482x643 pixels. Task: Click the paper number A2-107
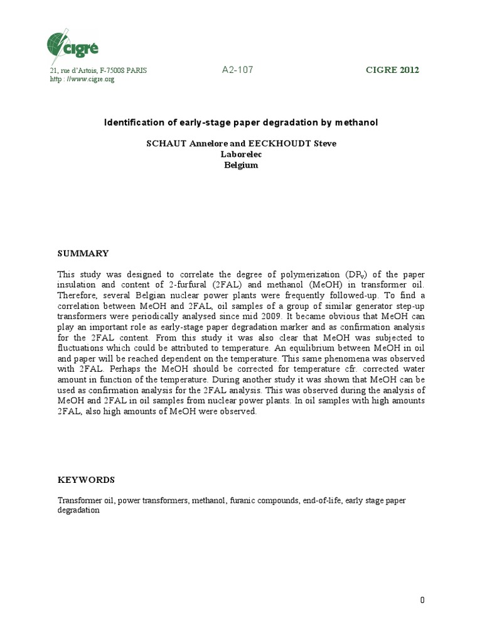pos(237,70)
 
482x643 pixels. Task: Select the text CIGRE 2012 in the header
pos(392,70)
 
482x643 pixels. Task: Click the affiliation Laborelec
pos(241,154)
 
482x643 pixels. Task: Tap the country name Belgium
pos(241,165)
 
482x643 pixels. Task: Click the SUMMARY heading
pos(83,254)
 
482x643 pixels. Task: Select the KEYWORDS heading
pos(86,480)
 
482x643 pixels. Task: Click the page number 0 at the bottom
pos(422,600)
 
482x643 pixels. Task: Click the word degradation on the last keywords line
pos(78,511)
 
